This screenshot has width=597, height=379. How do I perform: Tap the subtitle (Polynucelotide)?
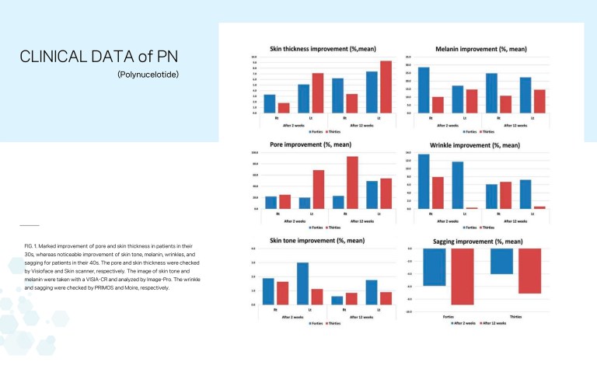[x=148, y=75]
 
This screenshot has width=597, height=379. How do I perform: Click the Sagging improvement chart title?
[x=477, y=242]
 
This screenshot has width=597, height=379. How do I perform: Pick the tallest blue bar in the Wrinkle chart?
[x=424, y=182]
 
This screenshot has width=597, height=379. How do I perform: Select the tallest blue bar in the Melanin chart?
[x=424, y=90]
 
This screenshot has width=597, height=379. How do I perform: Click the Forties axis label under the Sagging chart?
[x=449, y=316]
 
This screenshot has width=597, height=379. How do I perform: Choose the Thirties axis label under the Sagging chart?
[x=515, y=316]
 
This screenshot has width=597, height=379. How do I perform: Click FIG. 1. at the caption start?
[x=33, y=245]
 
